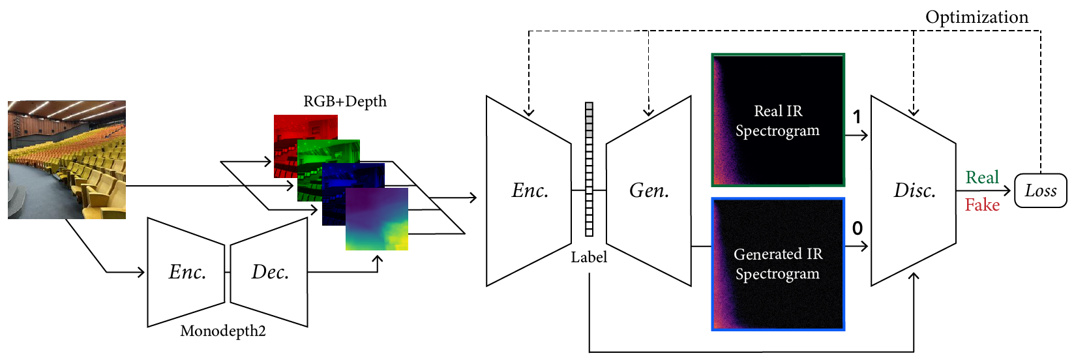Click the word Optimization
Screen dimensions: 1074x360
coord(977,17)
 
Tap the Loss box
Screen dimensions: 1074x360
coord(1041,191)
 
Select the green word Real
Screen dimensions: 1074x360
coord(982,177)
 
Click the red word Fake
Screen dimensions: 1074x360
coord(982,205)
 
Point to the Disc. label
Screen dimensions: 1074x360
coord(914,191)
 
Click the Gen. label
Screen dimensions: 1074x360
coord(649,191)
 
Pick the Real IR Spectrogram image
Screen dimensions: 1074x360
coord(778,120)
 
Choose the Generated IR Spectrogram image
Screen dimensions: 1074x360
coord(778,264)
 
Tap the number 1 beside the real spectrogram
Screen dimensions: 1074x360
coord(857,117)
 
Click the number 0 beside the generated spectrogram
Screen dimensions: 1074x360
coord(858,228)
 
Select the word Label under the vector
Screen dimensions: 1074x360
coord(589,258)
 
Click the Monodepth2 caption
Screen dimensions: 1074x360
coord(223,331)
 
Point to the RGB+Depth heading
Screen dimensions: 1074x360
coord(345,102)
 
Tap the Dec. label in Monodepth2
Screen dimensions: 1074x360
coord(270,272)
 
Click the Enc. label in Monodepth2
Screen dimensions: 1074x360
coord(187,272)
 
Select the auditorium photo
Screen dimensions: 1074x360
coord(67,160)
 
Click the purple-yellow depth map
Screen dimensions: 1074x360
coord(377,219)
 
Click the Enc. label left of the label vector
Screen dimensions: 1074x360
coord(530,191)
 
